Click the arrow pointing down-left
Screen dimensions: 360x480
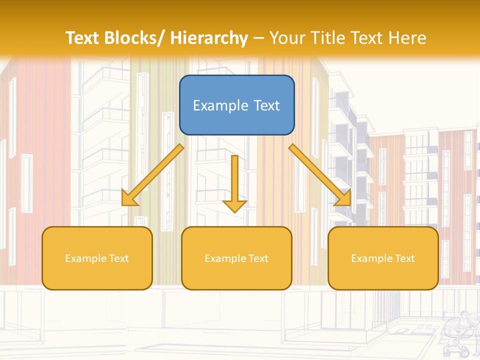click(152, 175)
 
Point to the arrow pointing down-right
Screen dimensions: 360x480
click(320, 175)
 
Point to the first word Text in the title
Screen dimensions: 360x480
click(83, 38)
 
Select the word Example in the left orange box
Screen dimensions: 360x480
click(86, 258)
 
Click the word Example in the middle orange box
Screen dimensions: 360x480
click(225, 258)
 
